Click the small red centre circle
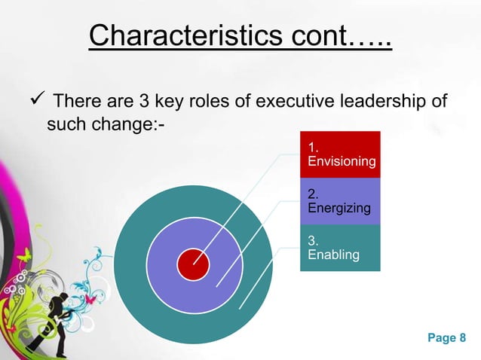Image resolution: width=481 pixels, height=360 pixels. coord(193,264)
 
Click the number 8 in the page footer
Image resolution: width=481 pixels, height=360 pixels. coord(462,338)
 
